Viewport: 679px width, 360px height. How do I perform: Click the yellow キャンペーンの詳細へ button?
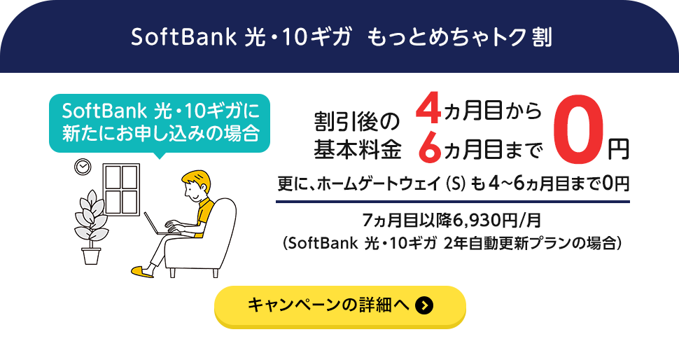coord(339,306)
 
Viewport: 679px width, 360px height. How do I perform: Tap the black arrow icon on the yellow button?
coord(424,306)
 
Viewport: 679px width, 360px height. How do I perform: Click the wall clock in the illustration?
coord(83,167)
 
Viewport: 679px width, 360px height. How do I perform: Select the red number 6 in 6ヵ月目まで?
coord(427,146)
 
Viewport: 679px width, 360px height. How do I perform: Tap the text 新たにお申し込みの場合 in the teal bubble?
coord(160,132)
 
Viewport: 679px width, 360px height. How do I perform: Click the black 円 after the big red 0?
coord(617,148)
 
